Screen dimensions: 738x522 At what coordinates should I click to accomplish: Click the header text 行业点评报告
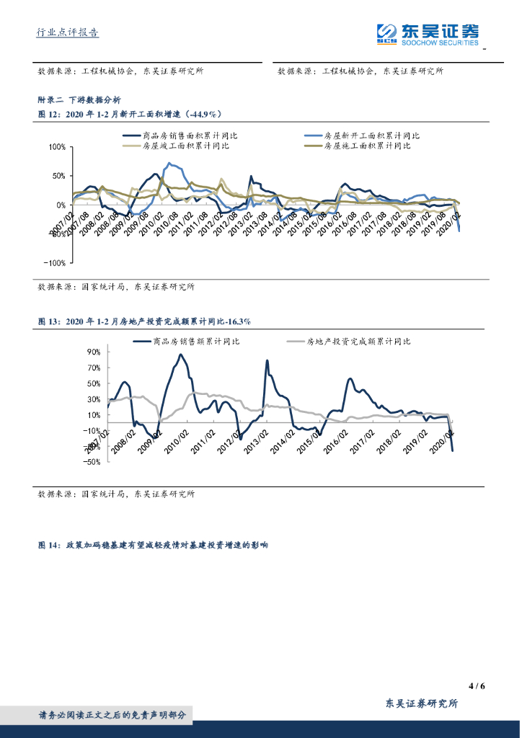pyautogui.click(x=68, y=32)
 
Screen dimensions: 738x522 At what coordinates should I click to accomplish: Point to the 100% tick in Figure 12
pyautogui.click(x=56, y=147)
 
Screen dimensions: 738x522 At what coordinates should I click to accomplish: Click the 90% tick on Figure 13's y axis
pyautogui.click(x=94, y=352)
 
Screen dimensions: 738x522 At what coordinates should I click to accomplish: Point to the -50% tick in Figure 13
pyautogui.click(x=92, y=463)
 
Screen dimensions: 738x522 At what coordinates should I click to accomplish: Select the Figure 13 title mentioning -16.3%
pyautogui.click(x=144, y=321)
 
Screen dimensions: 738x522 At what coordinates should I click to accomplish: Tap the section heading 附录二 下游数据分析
pyautogui.click(x=79, y=100)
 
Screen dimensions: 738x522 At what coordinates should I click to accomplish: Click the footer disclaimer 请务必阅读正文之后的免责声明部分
pyautogui.click(x=112, y=715)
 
